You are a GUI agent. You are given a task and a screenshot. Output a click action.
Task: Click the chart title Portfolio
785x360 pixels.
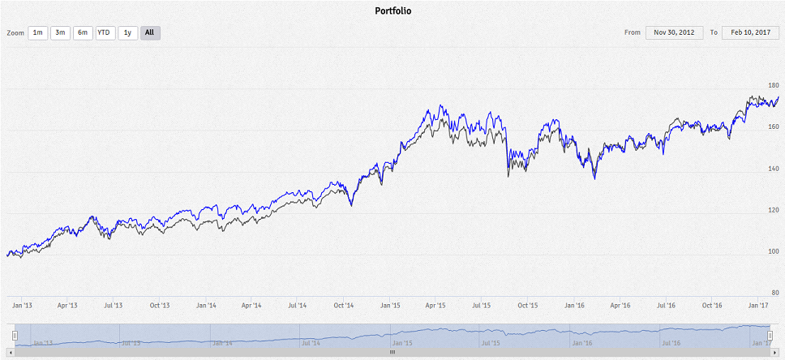click(392, 11)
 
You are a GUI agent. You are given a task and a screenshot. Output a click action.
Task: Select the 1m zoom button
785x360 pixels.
click(37, 32)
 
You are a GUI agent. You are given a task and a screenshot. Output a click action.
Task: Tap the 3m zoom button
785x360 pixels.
click(60, 32)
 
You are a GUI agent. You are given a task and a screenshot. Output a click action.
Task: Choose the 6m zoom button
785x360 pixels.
click(83, 32)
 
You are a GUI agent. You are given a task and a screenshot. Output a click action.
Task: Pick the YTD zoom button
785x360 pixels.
click(105, 32)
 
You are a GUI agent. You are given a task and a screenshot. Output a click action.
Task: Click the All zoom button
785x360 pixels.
click(150, 32)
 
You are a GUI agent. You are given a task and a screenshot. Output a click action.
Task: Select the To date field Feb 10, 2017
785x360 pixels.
click(750, 32)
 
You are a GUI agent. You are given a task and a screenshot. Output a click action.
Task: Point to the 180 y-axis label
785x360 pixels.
click(773, 85)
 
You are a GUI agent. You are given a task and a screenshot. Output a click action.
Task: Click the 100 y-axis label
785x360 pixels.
click(773, 251)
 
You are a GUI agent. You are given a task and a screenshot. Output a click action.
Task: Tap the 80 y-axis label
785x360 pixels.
click(774, 293)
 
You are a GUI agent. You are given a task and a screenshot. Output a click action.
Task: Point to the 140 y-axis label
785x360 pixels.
click(773, 169)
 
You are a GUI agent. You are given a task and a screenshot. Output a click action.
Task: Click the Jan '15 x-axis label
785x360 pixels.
click(390, 306)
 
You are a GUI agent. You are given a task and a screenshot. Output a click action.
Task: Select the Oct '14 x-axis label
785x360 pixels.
click(344, 306)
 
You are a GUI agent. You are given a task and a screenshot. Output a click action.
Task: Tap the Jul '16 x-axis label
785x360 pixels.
click(666, 306)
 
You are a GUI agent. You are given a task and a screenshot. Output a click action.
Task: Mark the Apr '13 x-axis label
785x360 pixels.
click(67, 306)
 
